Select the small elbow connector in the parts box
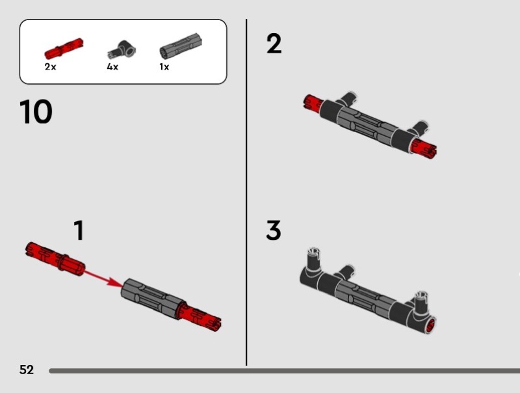[122, 50]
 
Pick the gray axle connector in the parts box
[181, 47]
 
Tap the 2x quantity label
[51, 67]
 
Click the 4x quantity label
[112, 67]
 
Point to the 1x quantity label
[164, 67]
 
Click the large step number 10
[36, 111]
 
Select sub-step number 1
[79, 230]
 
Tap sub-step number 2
[274, 44]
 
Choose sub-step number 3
[274, 230]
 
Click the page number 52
[27, 370]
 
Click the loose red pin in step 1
[55, 258]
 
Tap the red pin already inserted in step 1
[199, 318]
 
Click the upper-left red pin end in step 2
[313, 102]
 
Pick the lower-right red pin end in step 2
[424, 149]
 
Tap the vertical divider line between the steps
[246, 193]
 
